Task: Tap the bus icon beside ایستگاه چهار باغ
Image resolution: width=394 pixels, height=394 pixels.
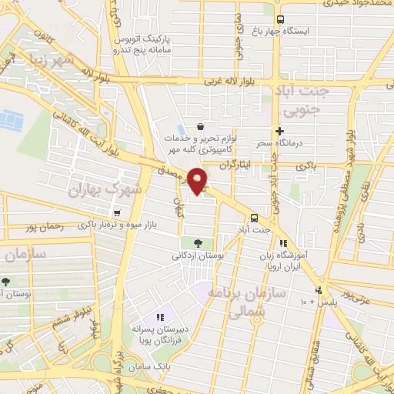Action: tap(280, 19)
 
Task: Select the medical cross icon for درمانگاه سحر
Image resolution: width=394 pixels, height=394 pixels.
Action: tap(280, 132)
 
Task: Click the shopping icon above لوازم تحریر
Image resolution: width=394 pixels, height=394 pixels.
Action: tap(201, 127)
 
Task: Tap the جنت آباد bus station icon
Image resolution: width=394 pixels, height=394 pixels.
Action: tap(254, 216)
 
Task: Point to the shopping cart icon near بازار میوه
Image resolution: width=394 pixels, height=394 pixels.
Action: tap(116, 214)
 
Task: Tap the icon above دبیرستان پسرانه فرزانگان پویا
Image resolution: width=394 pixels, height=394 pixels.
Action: tap(161, 317)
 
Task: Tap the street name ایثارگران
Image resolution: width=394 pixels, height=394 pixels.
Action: tap(236, 165)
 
